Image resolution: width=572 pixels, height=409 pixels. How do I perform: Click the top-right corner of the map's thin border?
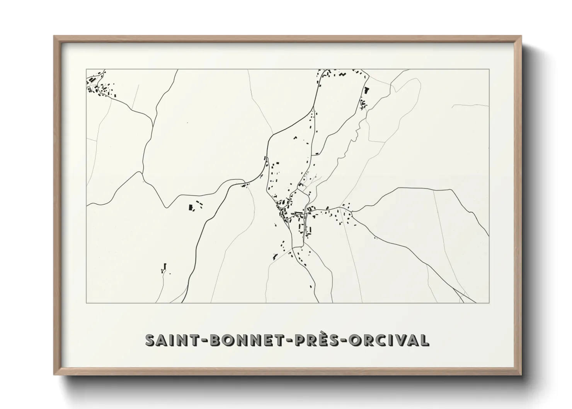pyautogui.click(x=489, y=69)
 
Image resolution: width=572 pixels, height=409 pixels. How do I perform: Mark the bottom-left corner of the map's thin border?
pyautogui.click(x=86, y=303)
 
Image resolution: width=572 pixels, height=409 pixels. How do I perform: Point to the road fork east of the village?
pyautogui.click(x=353, y=212)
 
